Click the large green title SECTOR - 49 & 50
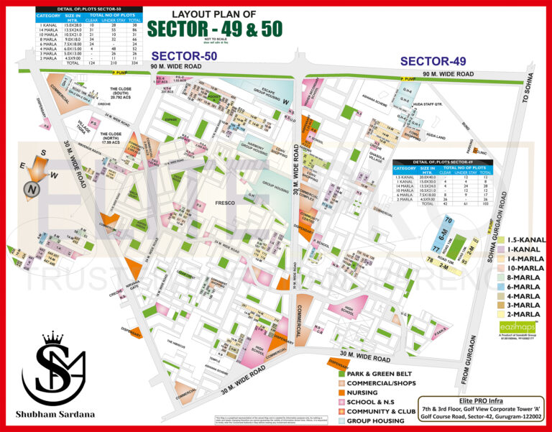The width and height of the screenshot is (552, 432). (215, 28)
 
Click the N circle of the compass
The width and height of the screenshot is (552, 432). (32, 189)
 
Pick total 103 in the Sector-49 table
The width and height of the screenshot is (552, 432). (487, 204)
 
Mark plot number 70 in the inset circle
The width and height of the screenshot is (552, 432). (448, 219)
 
